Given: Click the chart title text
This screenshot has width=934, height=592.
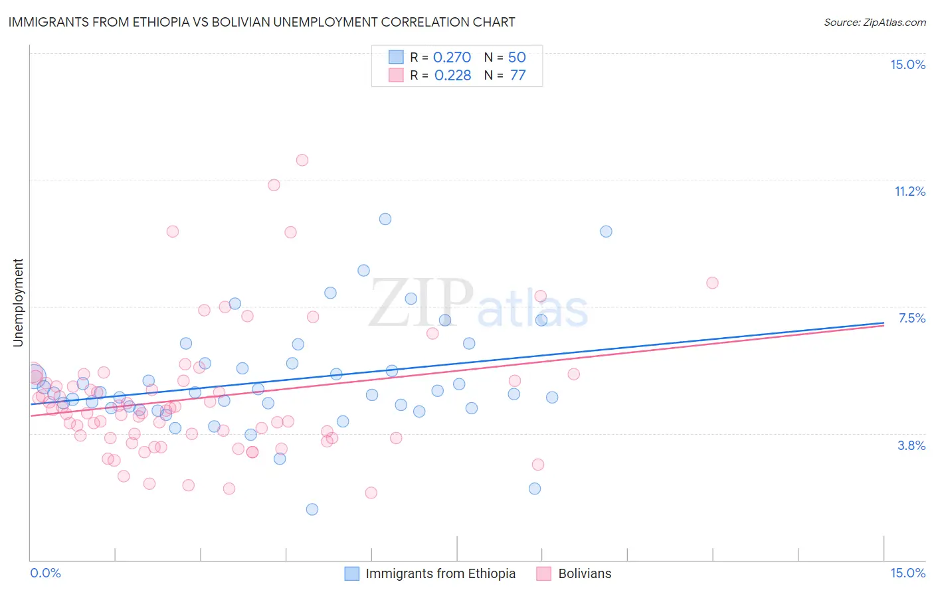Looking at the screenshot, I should [x=262, y=22].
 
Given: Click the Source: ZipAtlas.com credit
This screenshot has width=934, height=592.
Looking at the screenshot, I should [x=874, y=22].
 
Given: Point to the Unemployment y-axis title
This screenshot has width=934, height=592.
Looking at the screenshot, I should [x=18, y=303].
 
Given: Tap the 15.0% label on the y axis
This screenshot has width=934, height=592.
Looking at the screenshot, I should [x=907, y=64].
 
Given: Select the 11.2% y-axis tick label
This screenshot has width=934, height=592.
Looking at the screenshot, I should [x=909, y=191].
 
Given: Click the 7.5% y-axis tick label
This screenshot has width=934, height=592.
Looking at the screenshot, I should [x=911, y=318].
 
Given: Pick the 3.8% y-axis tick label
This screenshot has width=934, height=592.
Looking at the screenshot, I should [x=911, y=445].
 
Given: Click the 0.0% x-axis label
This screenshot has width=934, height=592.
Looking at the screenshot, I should [x=45, y=573].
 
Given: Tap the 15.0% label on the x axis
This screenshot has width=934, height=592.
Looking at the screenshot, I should [x=907, y=573].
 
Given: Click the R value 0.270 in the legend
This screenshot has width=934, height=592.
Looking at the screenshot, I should [x=452, y=57].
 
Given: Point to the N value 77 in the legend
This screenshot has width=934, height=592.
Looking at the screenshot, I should [x=517, y=75].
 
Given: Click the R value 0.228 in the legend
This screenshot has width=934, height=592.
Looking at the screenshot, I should [x=452, y=75].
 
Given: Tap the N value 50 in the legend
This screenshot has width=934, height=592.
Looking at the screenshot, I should [x=517, y=57].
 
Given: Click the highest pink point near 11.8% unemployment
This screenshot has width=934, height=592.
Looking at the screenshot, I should [x=302, y=160].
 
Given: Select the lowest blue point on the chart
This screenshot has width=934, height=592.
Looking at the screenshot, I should [x=312, y=509].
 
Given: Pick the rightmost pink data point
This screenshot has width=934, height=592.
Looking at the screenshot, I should [x=712, y=283].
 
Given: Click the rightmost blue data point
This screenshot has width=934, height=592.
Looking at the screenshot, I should [x=606, y=232].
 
